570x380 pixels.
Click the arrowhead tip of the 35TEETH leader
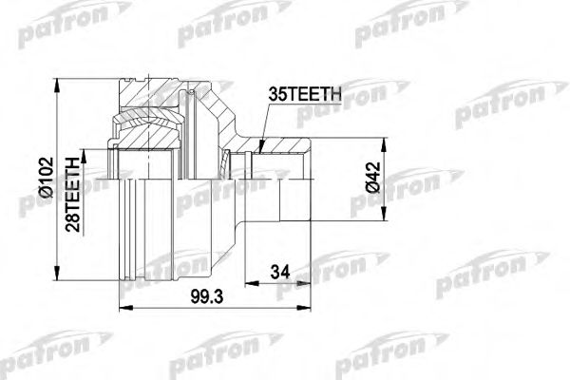[x=259, y=149]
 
